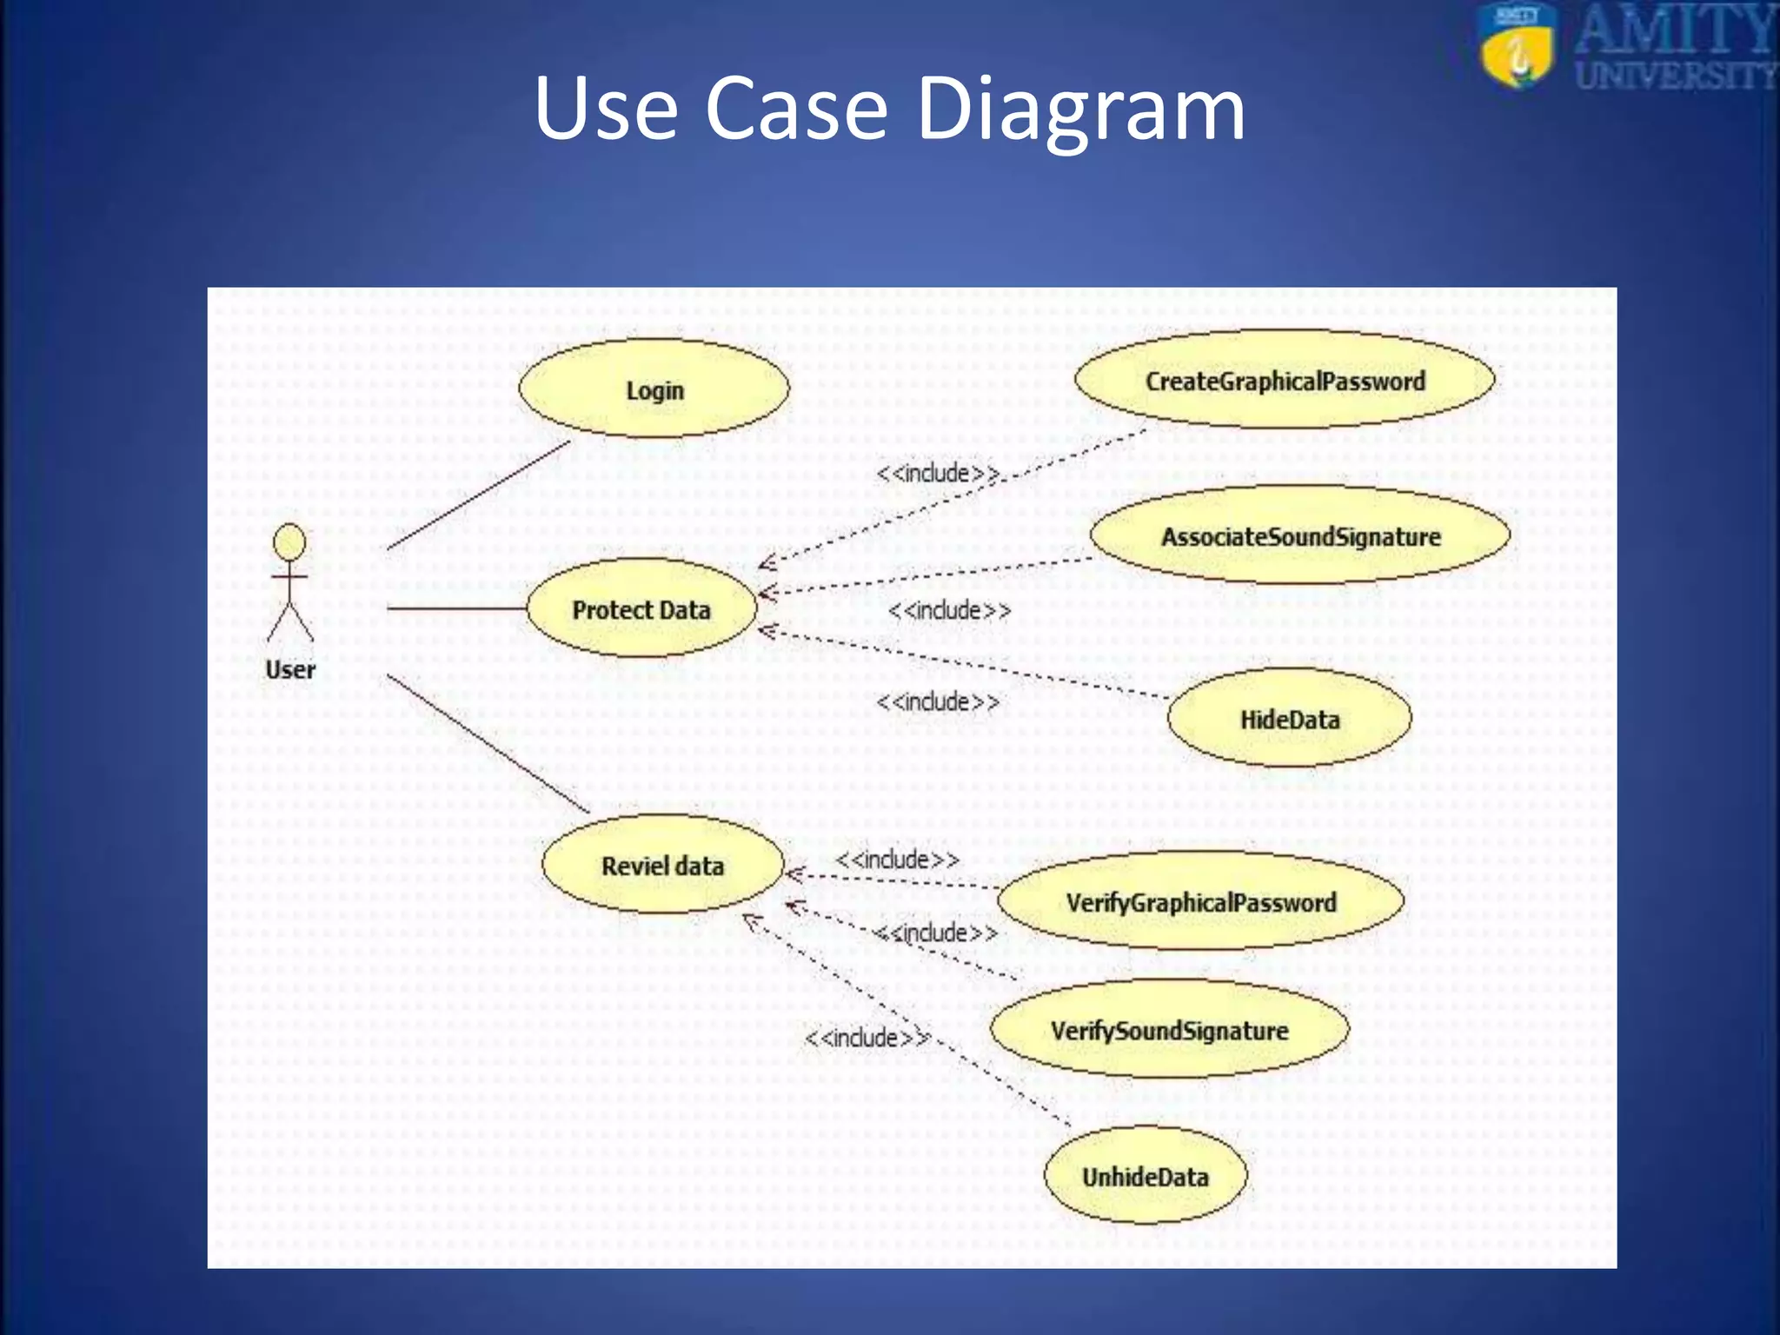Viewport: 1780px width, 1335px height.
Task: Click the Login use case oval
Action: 654,389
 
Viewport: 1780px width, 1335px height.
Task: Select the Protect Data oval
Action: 641,608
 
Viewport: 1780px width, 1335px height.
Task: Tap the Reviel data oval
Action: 662,865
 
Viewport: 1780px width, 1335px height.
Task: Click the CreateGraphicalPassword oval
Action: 1285,380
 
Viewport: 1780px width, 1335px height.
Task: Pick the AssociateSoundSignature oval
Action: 1300,535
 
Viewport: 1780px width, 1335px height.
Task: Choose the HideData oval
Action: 1289,719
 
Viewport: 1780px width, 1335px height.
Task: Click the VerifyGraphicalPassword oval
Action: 1200,901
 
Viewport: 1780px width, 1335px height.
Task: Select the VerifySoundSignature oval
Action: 1169,1030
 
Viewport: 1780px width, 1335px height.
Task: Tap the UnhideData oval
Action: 1145,1176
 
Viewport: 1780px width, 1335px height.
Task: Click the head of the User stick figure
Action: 289,542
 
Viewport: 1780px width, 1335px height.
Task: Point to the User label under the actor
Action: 290,669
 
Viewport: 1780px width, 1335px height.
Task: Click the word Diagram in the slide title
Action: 1080,108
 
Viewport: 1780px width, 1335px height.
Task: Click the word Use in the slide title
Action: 606,108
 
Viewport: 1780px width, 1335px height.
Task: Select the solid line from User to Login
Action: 478,495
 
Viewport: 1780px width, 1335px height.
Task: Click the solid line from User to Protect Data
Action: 456,608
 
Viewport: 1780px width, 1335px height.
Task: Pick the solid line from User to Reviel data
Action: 487,743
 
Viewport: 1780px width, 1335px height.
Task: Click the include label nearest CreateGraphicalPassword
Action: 937,473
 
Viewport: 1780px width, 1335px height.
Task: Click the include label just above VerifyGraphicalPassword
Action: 897,859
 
